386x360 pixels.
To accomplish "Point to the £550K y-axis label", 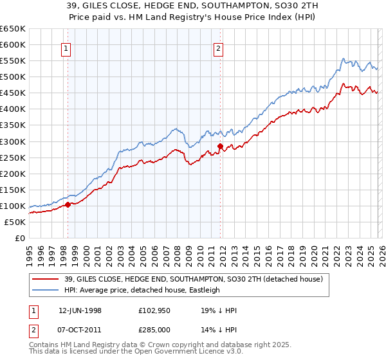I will (x=12, y=61).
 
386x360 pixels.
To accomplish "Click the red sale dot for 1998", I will (x=68, y=205).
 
